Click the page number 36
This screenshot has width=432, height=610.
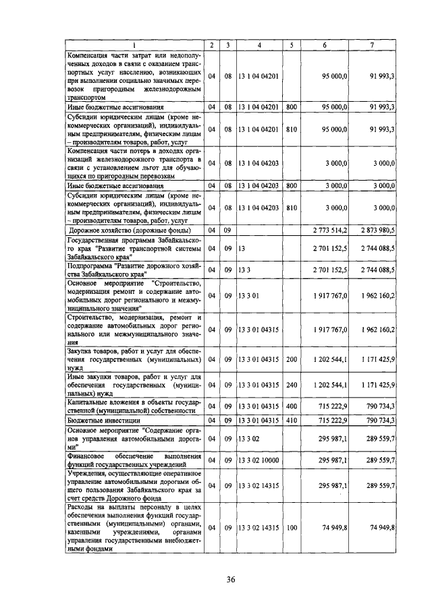[x=231, y=580]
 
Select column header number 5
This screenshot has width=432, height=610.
[x=291, y=45]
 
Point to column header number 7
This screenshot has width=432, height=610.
[x=372, y=45]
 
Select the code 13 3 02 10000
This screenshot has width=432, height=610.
[x=259, y=460]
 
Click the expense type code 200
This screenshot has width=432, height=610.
[x=291, y=360]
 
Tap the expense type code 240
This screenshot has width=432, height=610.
[x=291, y=385]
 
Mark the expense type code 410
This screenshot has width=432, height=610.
[x=291, y=420]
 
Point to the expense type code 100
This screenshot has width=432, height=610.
[x=291, y=528]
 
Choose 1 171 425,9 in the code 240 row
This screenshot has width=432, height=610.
[x=377, y=385]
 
